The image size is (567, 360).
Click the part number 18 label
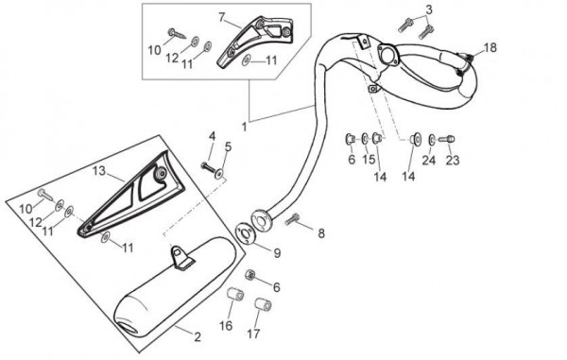pos(490,47)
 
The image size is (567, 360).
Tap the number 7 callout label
pos(222,17)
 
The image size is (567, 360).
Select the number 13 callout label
pos(98,170)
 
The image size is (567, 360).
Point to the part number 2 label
pos(198,337)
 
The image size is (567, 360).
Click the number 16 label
pos(226,326)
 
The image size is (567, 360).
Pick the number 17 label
pos(253,334)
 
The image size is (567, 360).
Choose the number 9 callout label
pos(277,253)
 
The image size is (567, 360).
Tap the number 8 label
pos(321,233)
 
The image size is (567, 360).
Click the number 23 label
pos(452,160)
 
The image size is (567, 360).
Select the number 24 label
pos(429,160)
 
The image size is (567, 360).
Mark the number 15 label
pos(369,159)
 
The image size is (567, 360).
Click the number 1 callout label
pos(245,127)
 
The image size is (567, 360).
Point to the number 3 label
pos(428,10)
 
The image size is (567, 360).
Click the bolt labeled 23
pos(447,139)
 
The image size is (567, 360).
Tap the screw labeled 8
pos(292,219)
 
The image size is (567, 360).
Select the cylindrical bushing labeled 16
pos(235,294)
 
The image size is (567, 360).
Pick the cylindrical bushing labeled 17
pos(263,304)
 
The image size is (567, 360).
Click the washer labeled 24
pos(432,140)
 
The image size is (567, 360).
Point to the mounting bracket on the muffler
pos(180,257)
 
